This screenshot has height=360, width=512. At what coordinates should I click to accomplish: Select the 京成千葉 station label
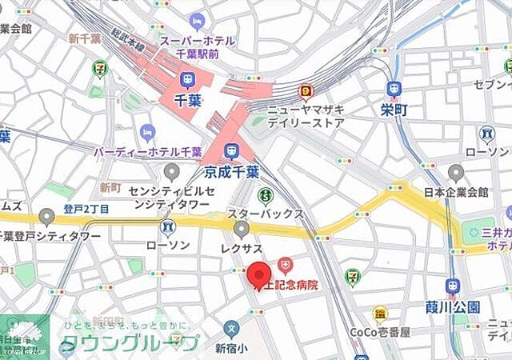point(231,170)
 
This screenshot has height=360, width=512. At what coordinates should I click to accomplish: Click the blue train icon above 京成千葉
point(231,150)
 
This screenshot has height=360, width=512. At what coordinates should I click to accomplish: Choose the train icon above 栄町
point(393,87)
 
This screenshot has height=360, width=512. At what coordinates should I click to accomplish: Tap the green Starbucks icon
point(265,194)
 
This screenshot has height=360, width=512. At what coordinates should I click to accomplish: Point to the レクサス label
point(242,250)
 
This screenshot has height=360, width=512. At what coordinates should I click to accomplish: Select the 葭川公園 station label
point(452,306)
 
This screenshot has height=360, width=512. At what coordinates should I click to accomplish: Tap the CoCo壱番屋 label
point(379,332)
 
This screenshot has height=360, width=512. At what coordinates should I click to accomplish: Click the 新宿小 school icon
point(231,328)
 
